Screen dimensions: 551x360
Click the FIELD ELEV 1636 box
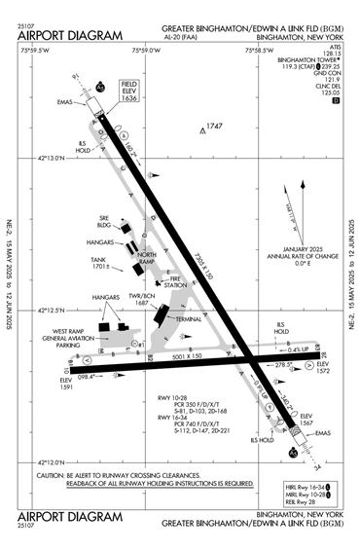point(129,93)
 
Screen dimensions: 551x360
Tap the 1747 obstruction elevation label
point(213,127)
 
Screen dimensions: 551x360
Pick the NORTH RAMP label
point(146,257)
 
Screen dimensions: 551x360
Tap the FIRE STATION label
point(177,283)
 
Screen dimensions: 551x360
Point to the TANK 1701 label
point(99,262)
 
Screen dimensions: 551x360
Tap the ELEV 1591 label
point(67,384)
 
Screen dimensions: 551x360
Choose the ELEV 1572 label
point(324,369)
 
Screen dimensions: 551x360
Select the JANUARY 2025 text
point(300,249)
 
